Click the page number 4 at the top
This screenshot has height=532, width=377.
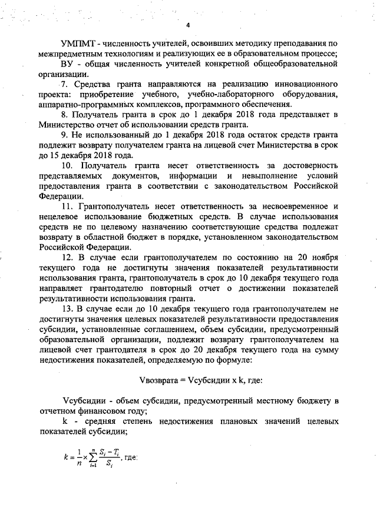click(x=188, y=25)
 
